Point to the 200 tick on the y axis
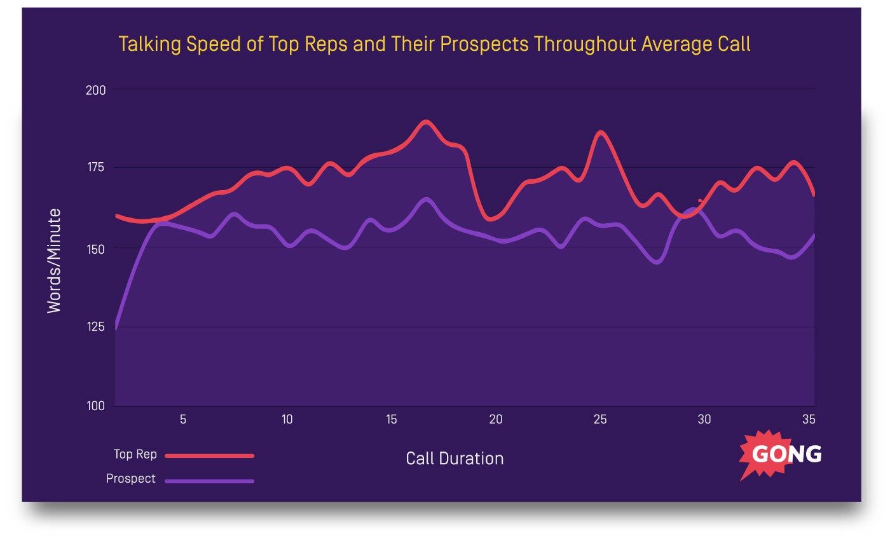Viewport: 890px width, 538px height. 95,90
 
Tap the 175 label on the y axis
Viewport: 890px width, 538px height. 95,169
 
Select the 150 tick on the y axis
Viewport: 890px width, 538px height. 95,247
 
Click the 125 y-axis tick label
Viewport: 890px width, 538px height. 95,327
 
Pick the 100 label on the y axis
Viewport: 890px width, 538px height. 95,406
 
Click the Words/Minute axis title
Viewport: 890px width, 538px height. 55,261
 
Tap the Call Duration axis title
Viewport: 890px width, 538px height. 455,459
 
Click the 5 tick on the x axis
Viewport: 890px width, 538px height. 183,420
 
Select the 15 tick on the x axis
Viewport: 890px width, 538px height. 392,420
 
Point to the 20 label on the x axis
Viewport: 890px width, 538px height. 496,420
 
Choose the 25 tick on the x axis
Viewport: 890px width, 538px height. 600,420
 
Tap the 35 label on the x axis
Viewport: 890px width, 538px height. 809,420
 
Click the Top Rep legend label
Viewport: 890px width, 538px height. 135,455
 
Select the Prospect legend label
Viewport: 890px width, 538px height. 130,479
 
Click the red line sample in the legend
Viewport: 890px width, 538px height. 209,455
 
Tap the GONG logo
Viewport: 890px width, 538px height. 781,454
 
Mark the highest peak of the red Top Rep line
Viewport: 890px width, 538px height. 425,121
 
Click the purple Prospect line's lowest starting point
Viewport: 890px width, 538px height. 116,328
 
